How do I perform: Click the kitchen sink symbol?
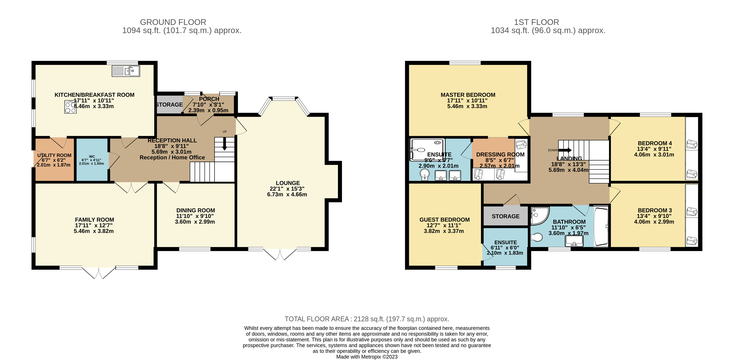click(126, 71)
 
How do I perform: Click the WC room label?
click(92, 156)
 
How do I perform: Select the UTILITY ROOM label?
click(54, 155)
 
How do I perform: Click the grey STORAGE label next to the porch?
click(169, 105)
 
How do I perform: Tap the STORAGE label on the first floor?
click(505, 216)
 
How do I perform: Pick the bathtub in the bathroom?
click(601, 227)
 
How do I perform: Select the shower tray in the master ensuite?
click(427, 149)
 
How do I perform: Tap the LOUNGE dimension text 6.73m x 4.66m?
click(287, 194)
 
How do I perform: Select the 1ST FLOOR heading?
click(536, 22)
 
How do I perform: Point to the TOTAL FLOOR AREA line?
click(367, 319)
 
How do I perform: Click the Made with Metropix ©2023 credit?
click(367, 357)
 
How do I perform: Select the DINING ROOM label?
click(195, 210)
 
